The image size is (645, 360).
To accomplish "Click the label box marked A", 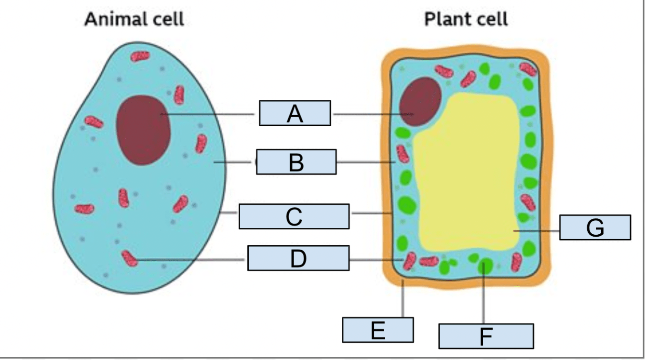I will click(295, 113).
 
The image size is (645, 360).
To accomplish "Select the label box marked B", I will click(296, 161).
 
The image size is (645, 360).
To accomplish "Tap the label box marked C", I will click(294, 216).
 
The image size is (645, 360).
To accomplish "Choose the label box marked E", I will click(377, 330).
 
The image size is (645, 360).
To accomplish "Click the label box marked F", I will click(485, 336).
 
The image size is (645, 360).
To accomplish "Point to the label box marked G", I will click(595, 227).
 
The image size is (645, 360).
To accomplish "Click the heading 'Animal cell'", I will click(134, 20).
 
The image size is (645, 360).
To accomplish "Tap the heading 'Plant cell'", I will click(466, 20).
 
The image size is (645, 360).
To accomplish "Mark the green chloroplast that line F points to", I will click(484, 266).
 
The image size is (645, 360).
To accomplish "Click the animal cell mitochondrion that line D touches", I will click(129, 258).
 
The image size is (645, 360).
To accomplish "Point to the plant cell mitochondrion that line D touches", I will click(409, 261).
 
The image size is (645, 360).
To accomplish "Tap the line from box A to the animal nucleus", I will click(207, 114).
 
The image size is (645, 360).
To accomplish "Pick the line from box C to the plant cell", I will click(369, 213).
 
